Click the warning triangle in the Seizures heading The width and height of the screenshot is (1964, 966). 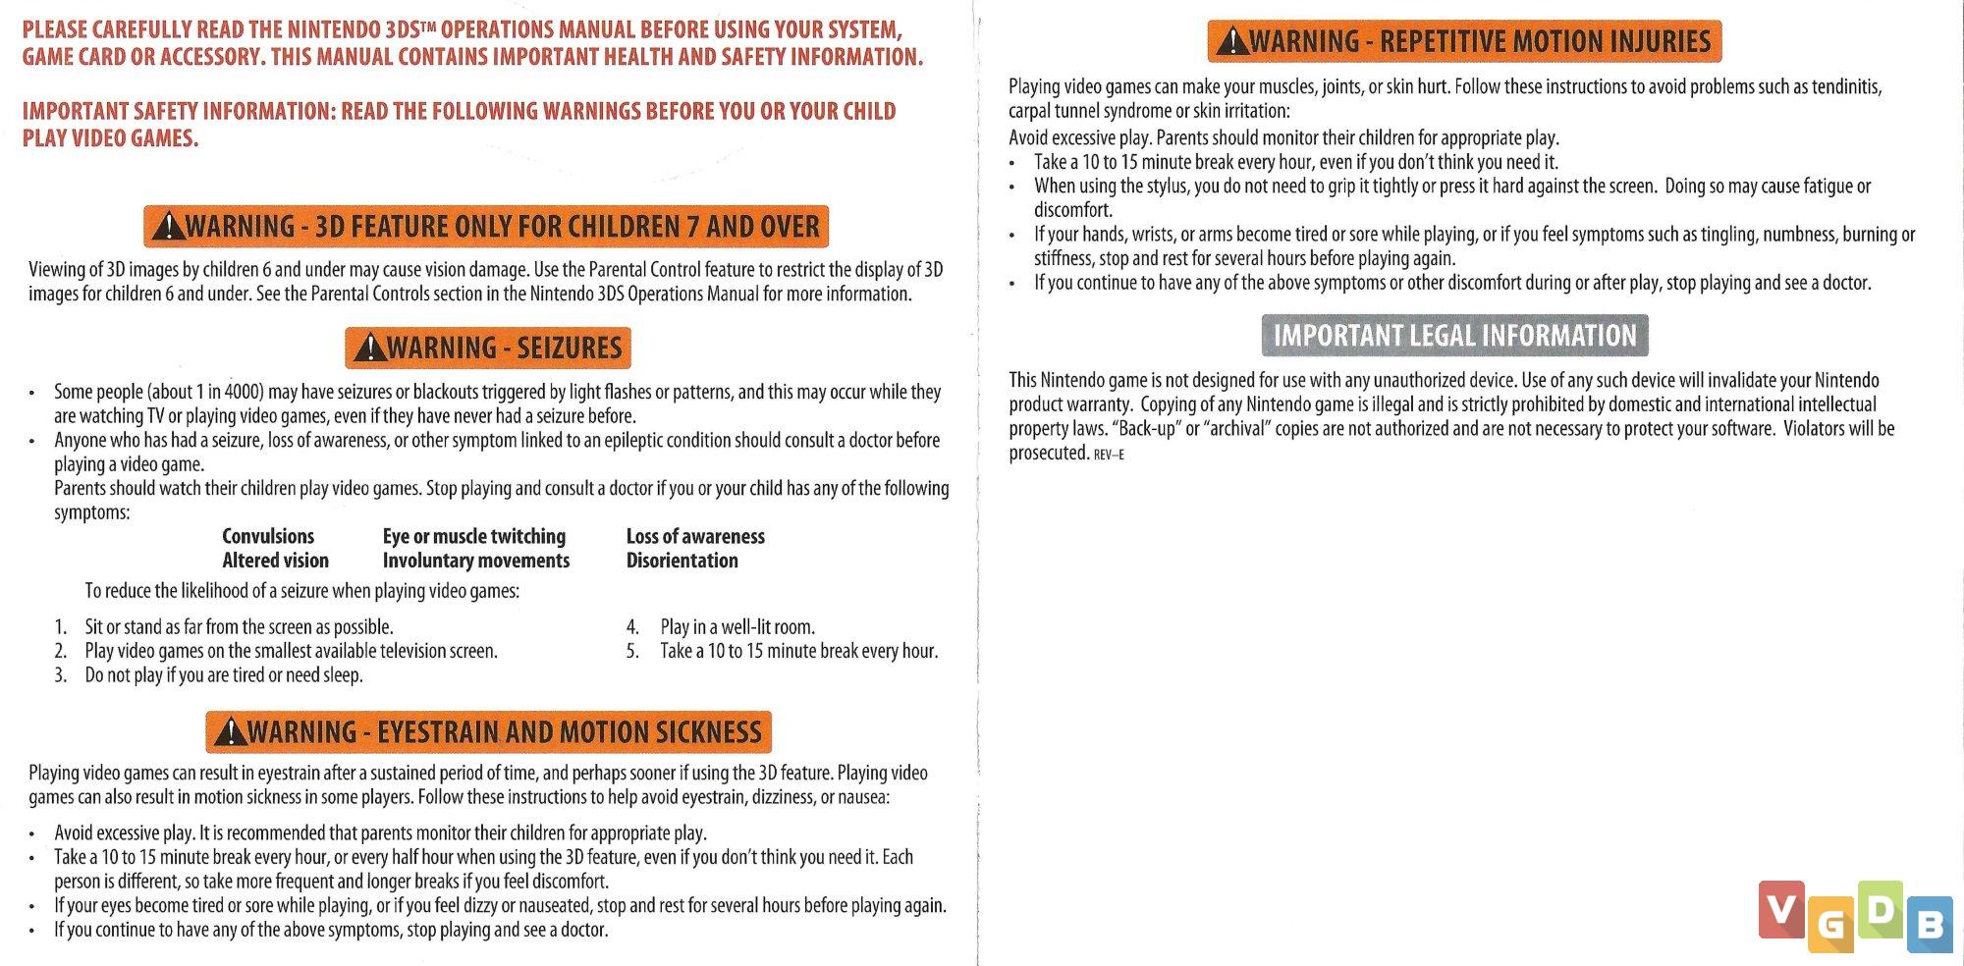(x=370, y=348)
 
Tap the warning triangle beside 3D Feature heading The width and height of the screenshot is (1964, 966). (x=169, y=227)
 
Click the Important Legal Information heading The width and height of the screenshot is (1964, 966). (x=1454, y=336)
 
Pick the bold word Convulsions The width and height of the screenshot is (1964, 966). (x=267, y=536)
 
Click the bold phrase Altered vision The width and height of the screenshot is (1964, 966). (x=275, y=561)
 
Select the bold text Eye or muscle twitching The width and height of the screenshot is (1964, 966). (x=473, y=536)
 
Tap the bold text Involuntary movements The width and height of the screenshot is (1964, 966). (x=475, y=561)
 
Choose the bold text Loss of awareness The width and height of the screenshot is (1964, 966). (x=695, y=536)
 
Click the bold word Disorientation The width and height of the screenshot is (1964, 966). (x=682, y=561)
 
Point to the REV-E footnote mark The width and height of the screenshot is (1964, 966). (x=1109, y=455)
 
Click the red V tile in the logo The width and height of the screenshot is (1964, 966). (x=1781, y=909)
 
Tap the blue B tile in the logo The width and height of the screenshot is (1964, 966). (x=1930, y=924)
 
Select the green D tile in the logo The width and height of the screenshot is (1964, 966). (x=1880, y=909)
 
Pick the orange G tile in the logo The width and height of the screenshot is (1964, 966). (x=1830, y=925)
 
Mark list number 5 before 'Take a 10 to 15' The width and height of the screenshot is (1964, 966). (x=632, y=651)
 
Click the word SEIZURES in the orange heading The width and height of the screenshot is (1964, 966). (x=569, y=349)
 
